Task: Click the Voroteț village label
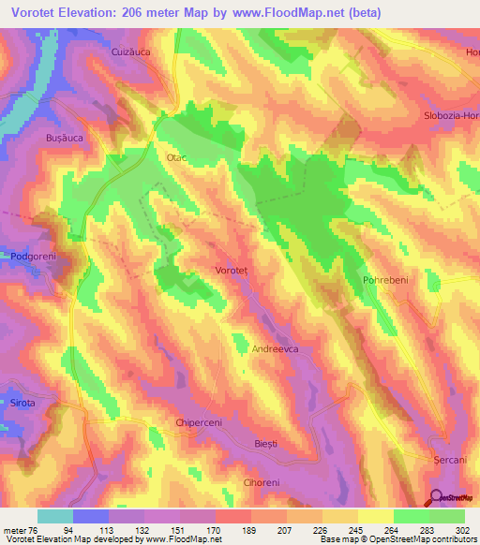pos(232,270)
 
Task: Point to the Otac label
pos(177,158)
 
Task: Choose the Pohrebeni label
pos(384,280)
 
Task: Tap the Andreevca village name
pos(276,348)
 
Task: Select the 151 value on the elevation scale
pos(178,529)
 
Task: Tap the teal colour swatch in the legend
pos(55,516)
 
